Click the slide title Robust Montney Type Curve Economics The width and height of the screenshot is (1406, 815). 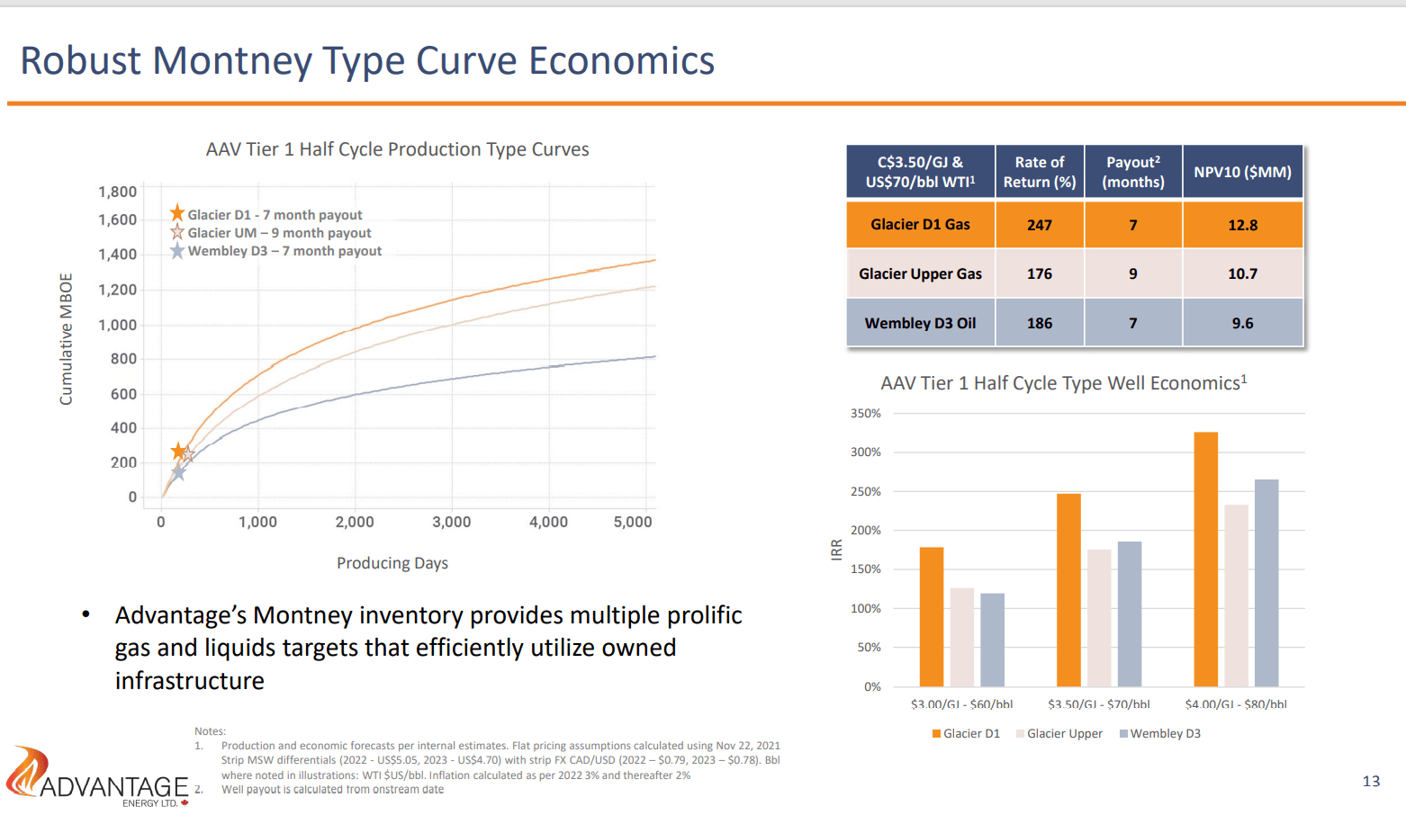367,61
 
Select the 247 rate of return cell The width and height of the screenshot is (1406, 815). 1039,225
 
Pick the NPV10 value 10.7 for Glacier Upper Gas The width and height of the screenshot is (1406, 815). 1242,273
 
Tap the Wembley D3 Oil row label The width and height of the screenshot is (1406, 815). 920,323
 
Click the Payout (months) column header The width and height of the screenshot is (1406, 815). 1132,171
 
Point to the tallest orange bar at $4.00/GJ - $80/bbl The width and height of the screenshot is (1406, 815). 1205,558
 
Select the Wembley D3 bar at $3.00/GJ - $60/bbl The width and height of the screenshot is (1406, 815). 992,640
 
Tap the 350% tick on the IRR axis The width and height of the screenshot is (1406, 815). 866,414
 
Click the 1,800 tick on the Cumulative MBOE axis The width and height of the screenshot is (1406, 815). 118,192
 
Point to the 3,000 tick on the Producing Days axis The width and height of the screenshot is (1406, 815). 451,522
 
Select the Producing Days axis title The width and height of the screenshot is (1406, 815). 392,563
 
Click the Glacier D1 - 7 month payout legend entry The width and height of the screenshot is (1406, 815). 274,215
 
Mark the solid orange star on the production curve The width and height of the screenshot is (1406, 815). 178,451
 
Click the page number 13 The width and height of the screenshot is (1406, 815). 1371,781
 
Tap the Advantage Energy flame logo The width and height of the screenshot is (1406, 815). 27,771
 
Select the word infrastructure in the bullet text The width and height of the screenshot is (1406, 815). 190,681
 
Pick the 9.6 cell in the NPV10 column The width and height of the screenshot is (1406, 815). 1242,323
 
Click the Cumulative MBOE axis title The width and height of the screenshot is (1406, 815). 66,338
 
